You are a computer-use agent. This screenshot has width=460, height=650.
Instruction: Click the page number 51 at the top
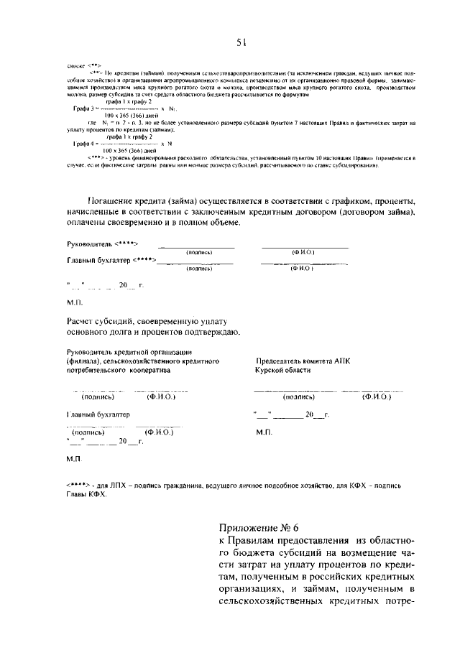pos(241,42)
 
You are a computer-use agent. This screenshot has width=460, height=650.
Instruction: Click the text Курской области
pos(283,371)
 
